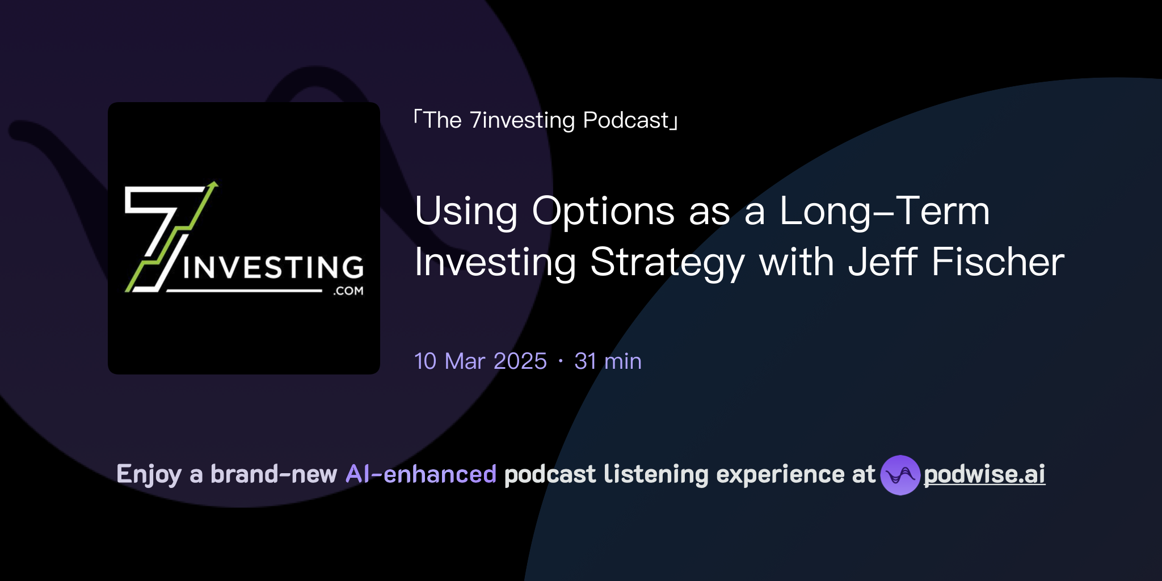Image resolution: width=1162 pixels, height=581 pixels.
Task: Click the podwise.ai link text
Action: (x=984, y=474)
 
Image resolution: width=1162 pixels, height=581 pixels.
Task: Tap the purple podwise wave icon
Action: (x=900, y=475)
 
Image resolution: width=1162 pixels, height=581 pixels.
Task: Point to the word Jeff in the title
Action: (x=882, y=262)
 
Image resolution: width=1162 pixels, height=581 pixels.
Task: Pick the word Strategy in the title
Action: (x=667, y=263)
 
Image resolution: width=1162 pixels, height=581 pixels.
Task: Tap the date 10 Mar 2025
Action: (x=480, y=361)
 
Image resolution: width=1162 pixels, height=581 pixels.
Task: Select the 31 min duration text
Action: (x=608, y=361)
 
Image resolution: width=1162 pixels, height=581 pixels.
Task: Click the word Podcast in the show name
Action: (x=626, y=120)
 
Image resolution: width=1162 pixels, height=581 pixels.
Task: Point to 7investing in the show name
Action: (x=522, y=120)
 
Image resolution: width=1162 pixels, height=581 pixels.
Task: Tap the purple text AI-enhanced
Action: (x=421, y=474)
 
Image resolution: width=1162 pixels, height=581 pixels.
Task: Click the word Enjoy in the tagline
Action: (x=149, y=475)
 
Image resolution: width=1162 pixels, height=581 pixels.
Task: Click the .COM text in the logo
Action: (x=348, y=291)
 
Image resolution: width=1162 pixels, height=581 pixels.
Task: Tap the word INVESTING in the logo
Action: (x=273, y=267)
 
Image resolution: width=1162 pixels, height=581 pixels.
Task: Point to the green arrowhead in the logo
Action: (x=213, y=185)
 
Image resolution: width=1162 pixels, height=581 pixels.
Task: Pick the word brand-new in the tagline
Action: (x=273, y=474)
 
